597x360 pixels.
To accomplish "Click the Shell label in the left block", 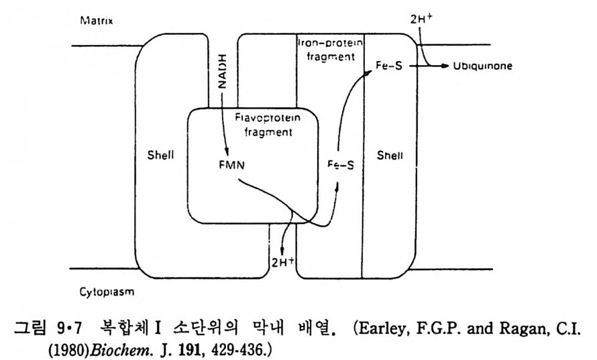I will (160, 156).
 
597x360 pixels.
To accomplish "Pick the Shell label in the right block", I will (390, 156).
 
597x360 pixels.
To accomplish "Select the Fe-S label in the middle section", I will (340, 164).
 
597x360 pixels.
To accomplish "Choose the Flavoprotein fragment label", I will (264, 125).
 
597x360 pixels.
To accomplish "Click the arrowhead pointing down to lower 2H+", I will (282, 249).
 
